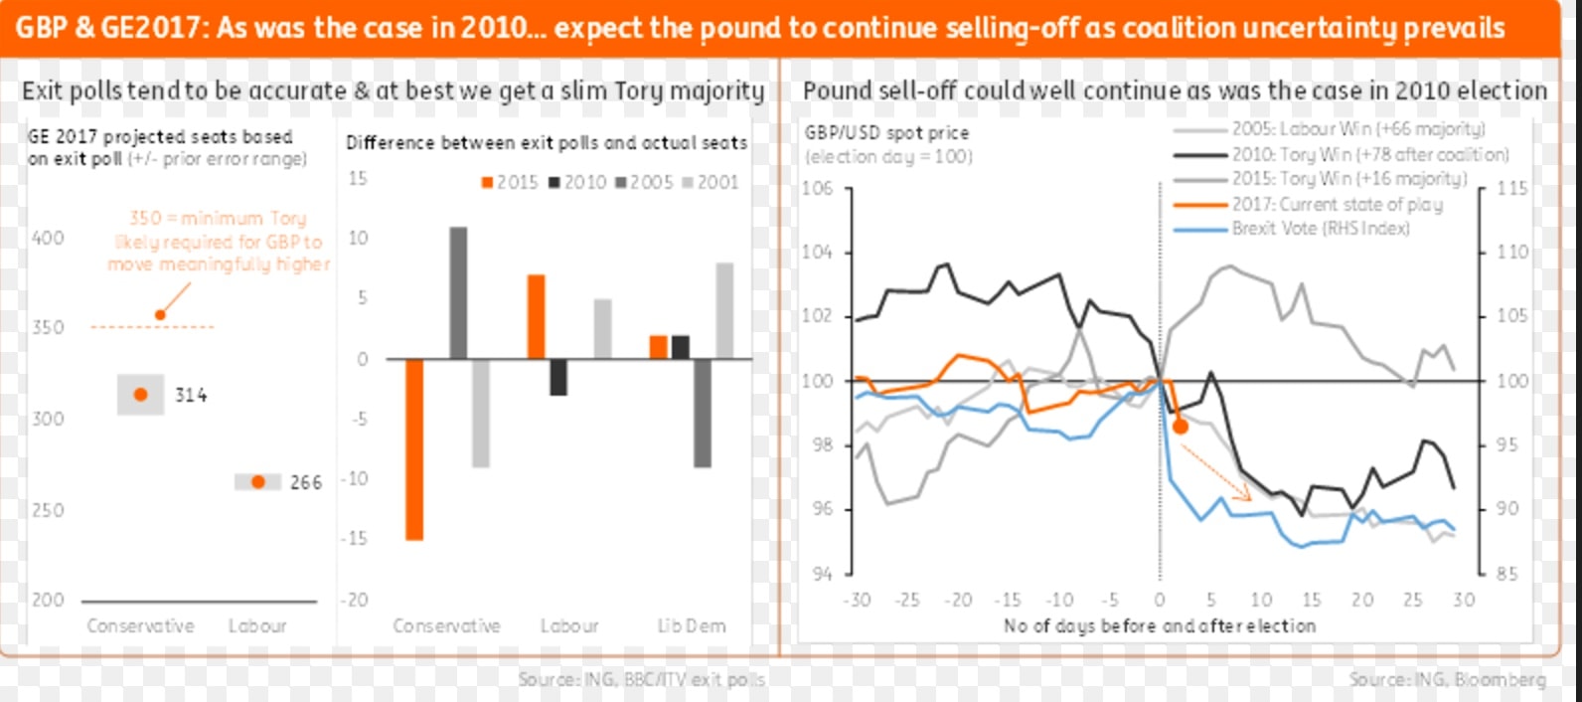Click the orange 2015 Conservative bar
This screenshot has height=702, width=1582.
(x=414, y=448)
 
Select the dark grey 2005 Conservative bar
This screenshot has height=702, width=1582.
(x=458, y=292)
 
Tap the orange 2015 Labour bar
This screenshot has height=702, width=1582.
(x=536, y=316)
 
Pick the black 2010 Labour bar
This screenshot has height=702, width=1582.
(x=558, y=377)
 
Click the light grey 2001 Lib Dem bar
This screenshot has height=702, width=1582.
(x=724, y=310)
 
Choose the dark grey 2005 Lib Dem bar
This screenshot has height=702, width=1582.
(x=703, y=413)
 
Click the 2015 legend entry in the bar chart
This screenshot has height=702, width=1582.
(x=510, y=182)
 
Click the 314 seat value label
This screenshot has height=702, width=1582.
(x=191, y=395)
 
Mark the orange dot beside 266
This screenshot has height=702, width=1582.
(x=258, y=482)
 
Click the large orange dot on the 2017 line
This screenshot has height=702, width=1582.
(x=1181, y=426)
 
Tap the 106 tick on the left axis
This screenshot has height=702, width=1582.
(x=817, y=188)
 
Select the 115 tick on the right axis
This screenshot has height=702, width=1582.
(x=1511, y=188)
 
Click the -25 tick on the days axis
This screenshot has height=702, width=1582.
(x=906, y=600)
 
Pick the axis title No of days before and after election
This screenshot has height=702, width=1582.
(x=1159, y=625)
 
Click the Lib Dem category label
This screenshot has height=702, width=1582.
(x=691, y=625)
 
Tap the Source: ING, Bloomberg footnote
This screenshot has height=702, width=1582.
(x=1447, y=679)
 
